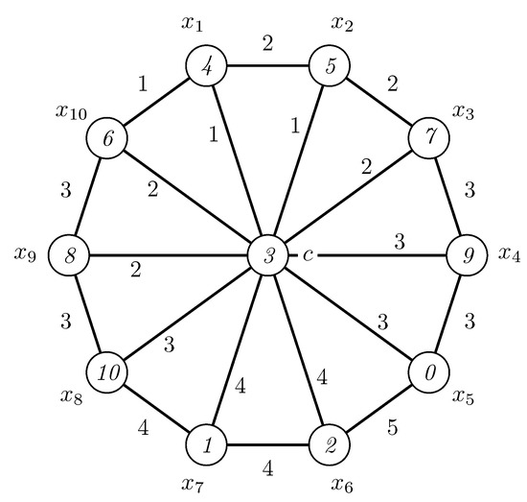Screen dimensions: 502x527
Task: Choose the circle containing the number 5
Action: (x=328, y=68)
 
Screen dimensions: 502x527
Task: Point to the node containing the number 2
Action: (x=328, y=444)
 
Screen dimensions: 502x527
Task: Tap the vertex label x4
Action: (x=511, y=254)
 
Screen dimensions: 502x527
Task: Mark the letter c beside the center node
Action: (x=308, y=254)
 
